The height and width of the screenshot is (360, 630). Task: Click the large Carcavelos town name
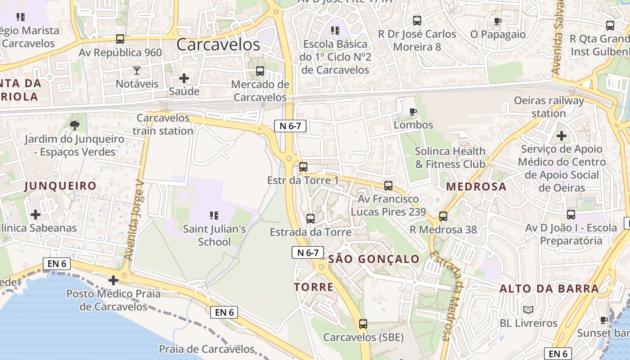coord(218,45)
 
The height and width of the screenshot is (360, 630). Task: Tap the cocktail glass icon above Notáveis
coord(137,70)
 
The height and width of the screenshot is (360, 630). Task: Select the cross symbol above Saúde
coord(184,78)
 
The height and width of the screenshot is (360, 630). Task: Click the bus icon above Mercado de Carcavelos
coord(260,71)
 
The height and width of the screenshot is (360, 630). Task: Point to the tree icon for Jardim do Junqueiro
coord(75,125)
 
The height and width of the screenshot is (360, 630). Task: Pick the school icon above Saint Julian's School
coord(214,216)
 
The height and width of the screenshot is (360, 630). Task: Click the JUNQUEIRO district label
coord(60,185)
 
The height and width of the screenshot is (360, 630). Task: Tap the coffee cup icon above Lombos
coord(413,112)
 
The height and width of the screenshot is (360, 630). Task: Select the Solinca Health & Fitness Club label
coord(450,157)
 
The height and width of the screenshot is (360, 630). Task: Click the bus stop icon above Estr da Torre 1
coord(303,167)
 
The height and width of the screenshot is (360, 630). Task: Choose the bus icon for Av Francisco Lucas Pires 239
coord(388,185)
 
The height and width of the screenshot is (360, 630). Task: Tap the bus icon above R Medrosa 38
coord(443,216)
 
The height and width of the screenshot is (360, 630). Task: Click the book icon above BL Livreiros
coord(528,310)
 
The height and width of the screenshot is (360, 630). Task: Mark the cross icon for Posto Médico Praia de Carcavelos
coord(113,280)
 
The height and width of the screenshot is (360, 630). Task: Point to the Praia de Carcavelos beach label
coord(207,349)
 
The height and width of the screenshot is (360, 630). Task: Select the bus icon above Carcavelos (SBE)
coord(363,324)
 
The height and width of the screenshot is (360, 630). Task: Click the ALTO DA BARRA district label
coord(549,288)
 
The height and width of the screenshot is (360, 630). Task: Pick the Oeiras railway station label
coord(549,107)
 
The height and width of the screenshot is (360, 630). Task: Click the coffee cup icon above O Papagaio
coord(498,21)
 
